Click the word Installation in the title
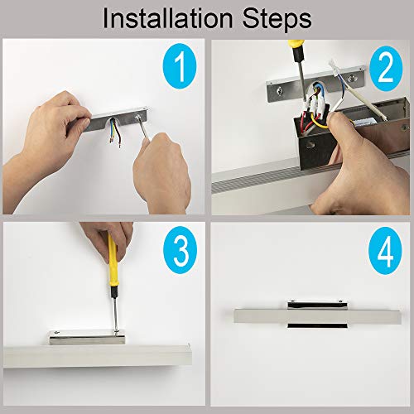tap(167, 18)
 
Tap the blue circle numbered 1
tap(180, 67)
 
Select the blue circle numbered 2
tap(386, 68)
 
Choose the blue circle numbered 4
tap(385, 252)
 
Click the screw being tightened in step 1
tap(137, 118)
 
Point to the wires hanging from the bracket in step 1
tap(114, 132)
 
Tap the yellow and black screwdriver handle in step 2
tap(297, 51)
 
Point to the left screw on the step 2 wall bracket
tap(281, 89)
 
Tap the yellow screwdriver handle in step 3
tap(113, 262)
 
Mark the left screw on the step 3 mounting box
tap(56, 333)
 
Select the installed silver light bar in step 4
tap(318, 316)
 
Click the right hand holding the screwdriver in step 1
tap(163, 172)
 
